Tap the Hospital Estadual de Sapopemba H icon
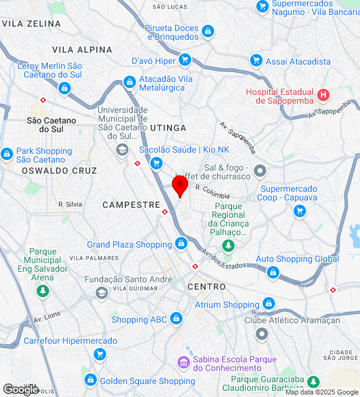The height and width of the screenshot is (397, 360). [x=323, y=96]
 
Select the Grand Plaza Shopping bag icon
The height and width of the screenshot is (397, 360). [x=181, y=243]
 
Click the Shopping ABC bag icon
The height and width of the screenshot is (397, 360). [x=176, y=319]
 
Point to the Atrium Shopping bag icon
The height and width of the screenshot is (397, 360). [x=268, y=304]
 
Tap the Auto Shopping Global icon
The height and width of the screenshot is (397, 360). [x=272, y=272]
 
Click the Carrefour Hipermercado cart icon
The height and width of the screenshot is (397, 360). [x=99, y=354]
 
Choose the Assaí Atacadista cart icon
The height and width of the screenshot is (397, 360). [x=256, y=60]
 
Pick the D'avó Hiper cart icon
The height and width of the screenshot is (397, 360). [x=184, y=60]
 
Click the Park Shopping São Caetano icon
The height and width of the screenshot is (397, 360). [x=7, y=153]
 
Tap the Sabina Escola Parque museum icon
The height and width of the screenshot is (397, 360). [x=183, y=362]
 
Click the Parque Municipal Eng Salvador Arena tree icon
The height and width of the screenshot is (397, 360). [x=43, y=290]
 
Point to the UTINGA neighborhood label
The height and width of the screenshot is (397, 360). [x=168, y=128]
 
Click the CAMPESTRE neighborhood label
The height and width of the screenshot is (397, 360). [x=132, y=204]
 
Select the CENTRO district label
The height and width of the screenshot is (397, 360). [x=207, y=287]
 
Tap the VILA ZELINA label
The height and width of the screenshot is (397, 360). [x=32, y=24]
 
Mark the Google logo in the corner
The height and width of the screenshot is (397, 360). [x=20, y=389]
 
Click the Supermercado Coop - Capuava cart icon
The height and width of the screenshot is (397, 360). [x=300, y=211]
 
